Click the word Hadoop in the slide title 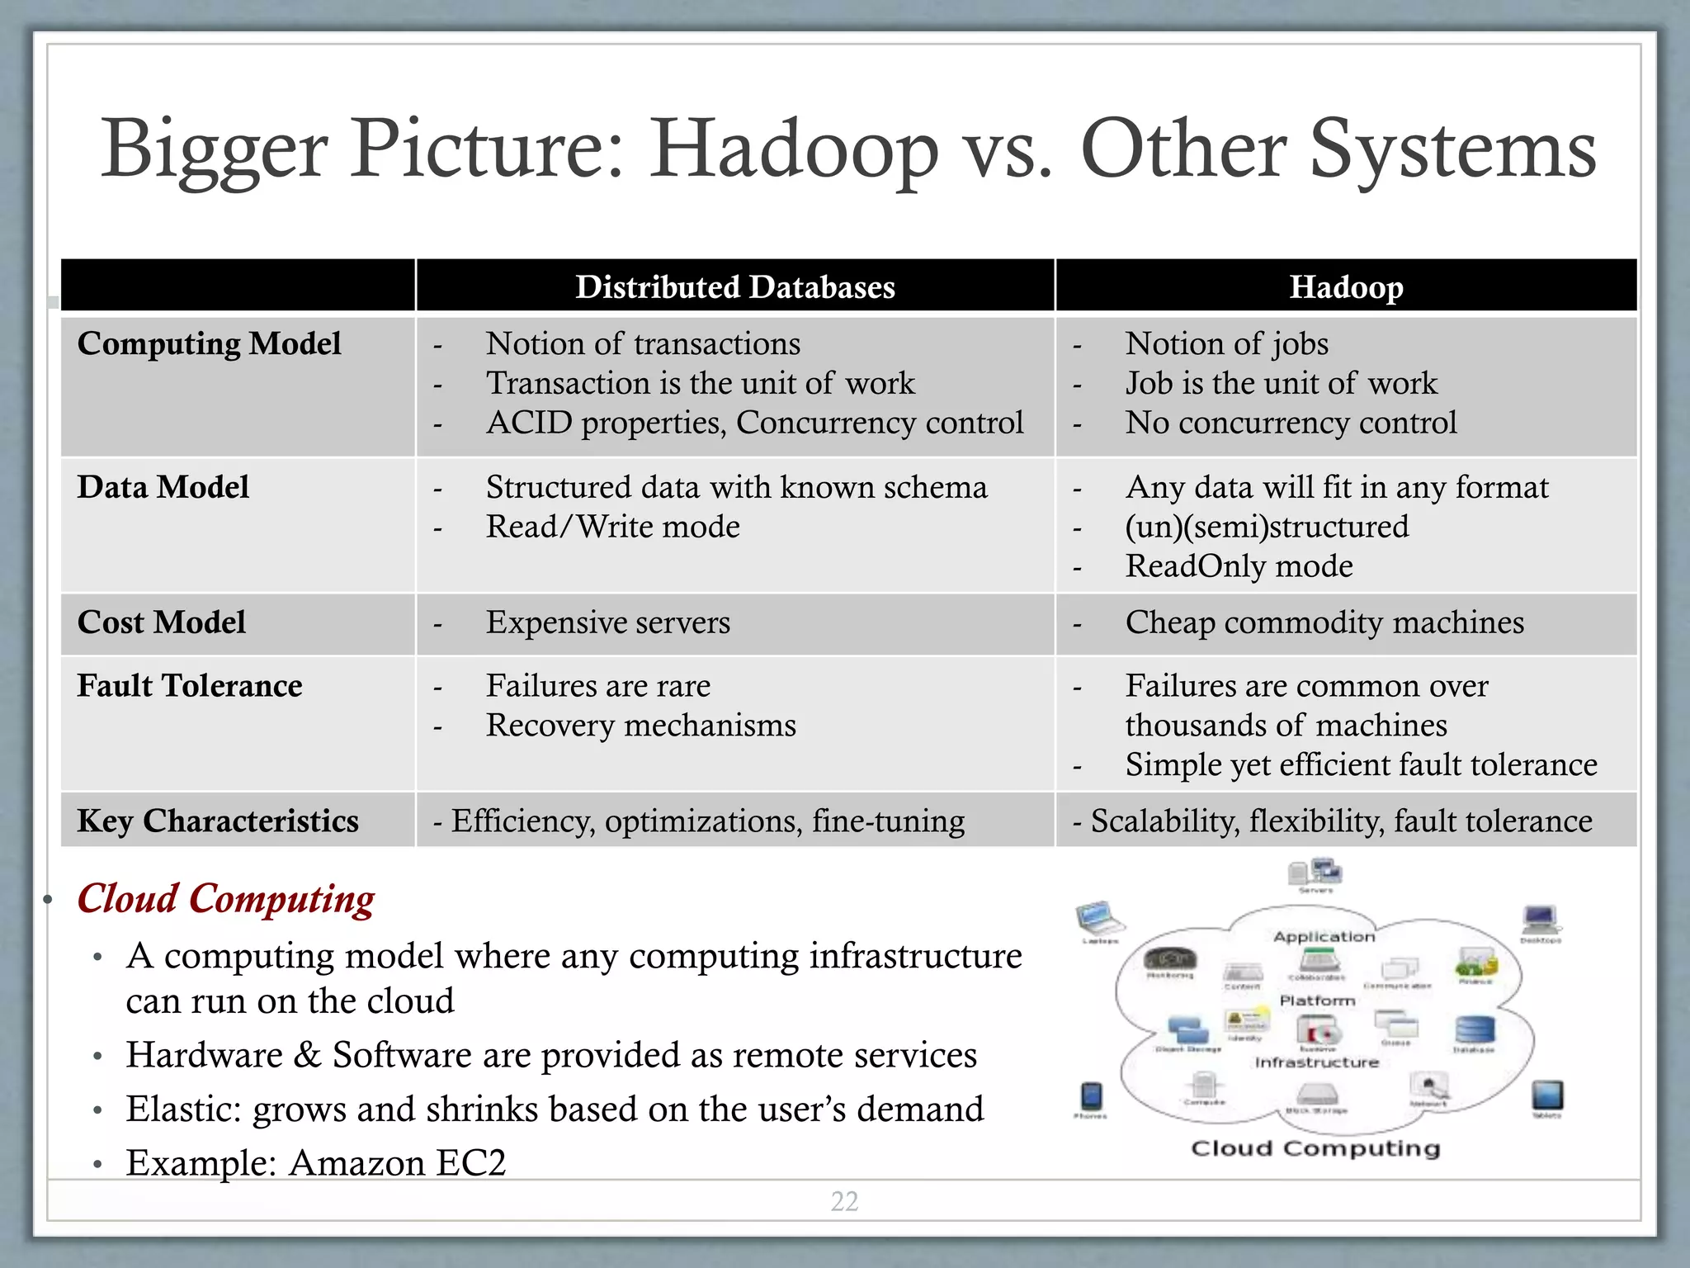click(794, 150)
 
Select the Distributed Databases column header click(734, 287)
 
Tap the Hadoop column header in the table click(1346, 287)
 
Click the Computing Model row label click(209, 343)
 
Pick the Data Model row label click(163, 487)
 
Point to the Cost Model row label click(161, 622)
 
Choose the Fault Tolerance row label click(189, 686)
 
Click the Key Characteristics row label click(218, 821)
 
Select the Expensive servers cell click(607, 622)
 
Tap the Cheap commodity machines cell click(1324, 622)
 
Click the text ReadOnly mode click(1239, 566)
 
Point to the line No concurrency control click(1291, 423)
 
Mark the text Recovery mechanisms click(640, 726)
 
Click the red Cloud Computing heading click(225, 898)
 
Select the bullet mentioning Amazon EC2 click(315, 1162)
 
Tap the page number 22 click(844, 1201)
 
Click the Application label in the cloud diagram click(1324, 936)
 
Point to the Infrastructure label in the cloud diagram click(1316, 1062)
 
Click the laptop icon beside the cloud click(1099, 918)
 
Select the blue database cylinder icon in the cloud click(1474, 1029)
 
